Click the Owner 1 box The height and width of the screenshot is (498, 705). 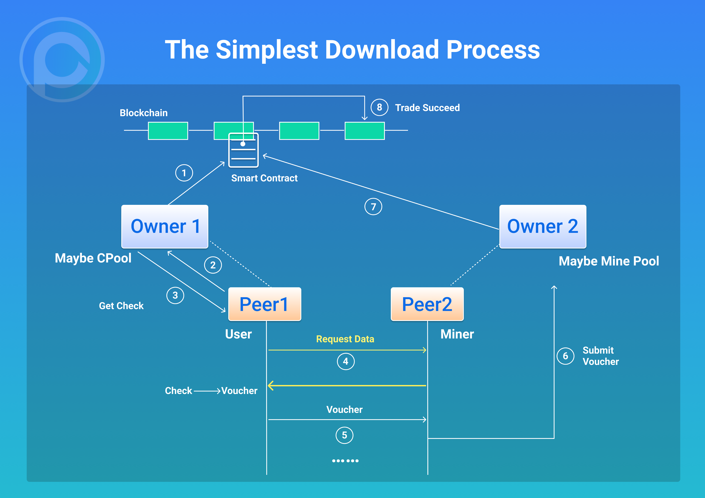click(x=165, y=226)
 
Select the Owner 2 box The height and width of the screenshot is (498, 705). click(x=542, y=226)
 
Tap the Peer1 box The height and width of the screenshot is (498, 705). click(x=264, y=304)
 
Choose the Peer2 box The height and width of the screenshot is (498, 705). click(x=427, y=304)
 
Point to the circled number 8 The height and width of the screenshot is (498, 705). click(x=379, y=107)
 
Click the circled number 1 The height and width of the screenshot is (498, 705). click(x=184, y=173)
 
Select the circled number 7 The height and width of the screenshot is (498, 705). click(x=373, y=207)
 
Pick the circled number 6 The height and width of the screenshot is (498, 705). click(x=565, y=356)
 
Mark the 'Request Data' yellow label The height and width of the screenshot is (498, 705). click(x=345, y=339)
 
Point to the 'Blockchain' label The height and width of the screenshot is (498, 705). click(x=143, y=113)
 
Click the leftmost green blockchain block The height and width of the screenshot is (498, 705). click(x=168, y=131)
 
